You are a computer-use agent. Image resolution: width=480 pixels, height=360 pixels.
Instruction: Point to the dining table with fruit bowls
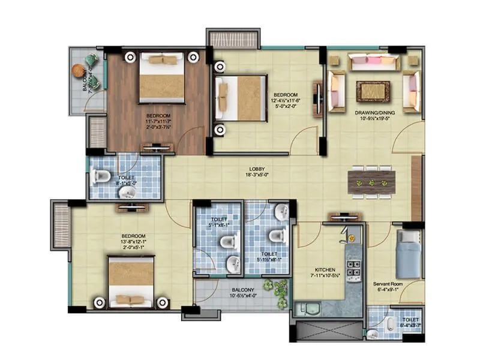[372, 183]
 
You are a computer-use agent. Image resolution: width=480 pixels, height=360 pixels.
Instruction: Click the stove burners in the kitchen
[354, 270]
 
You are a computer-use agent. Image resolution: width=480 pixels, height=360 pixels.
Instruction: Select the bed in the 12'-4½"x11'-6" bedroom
[240, 98]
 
